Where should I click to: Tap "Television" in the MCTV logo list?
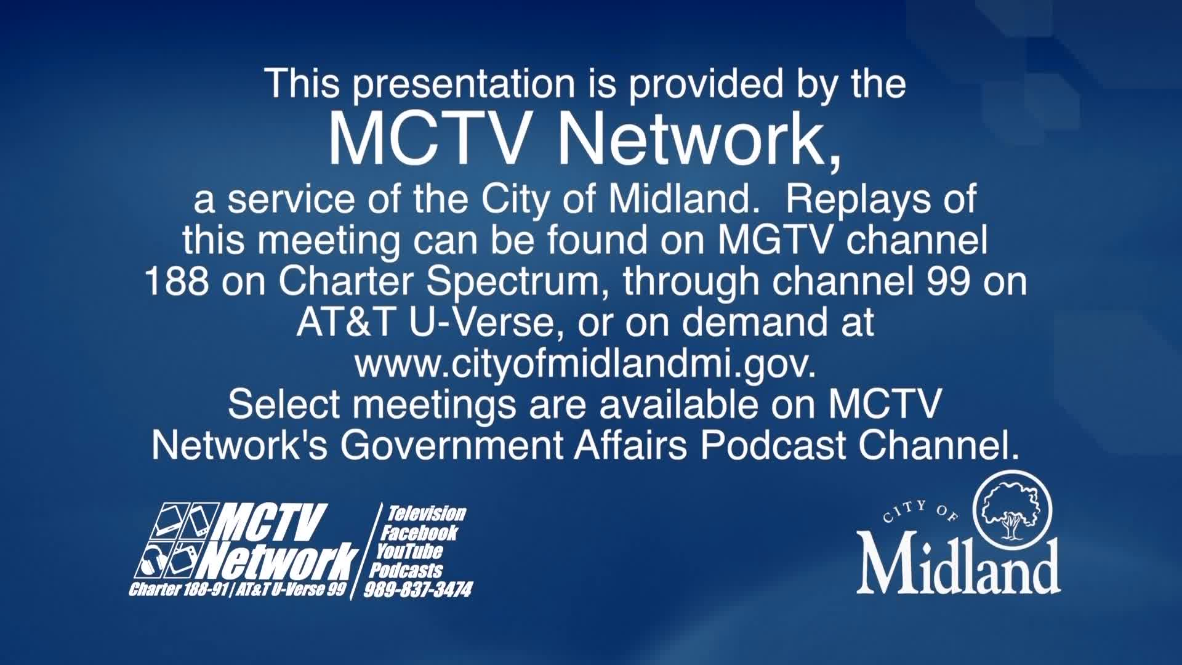426,514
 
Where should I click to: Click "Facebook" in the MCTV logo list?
419,532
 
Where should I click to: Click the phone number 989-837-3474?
418,590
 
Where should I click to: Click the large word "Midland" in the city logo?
959,565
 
